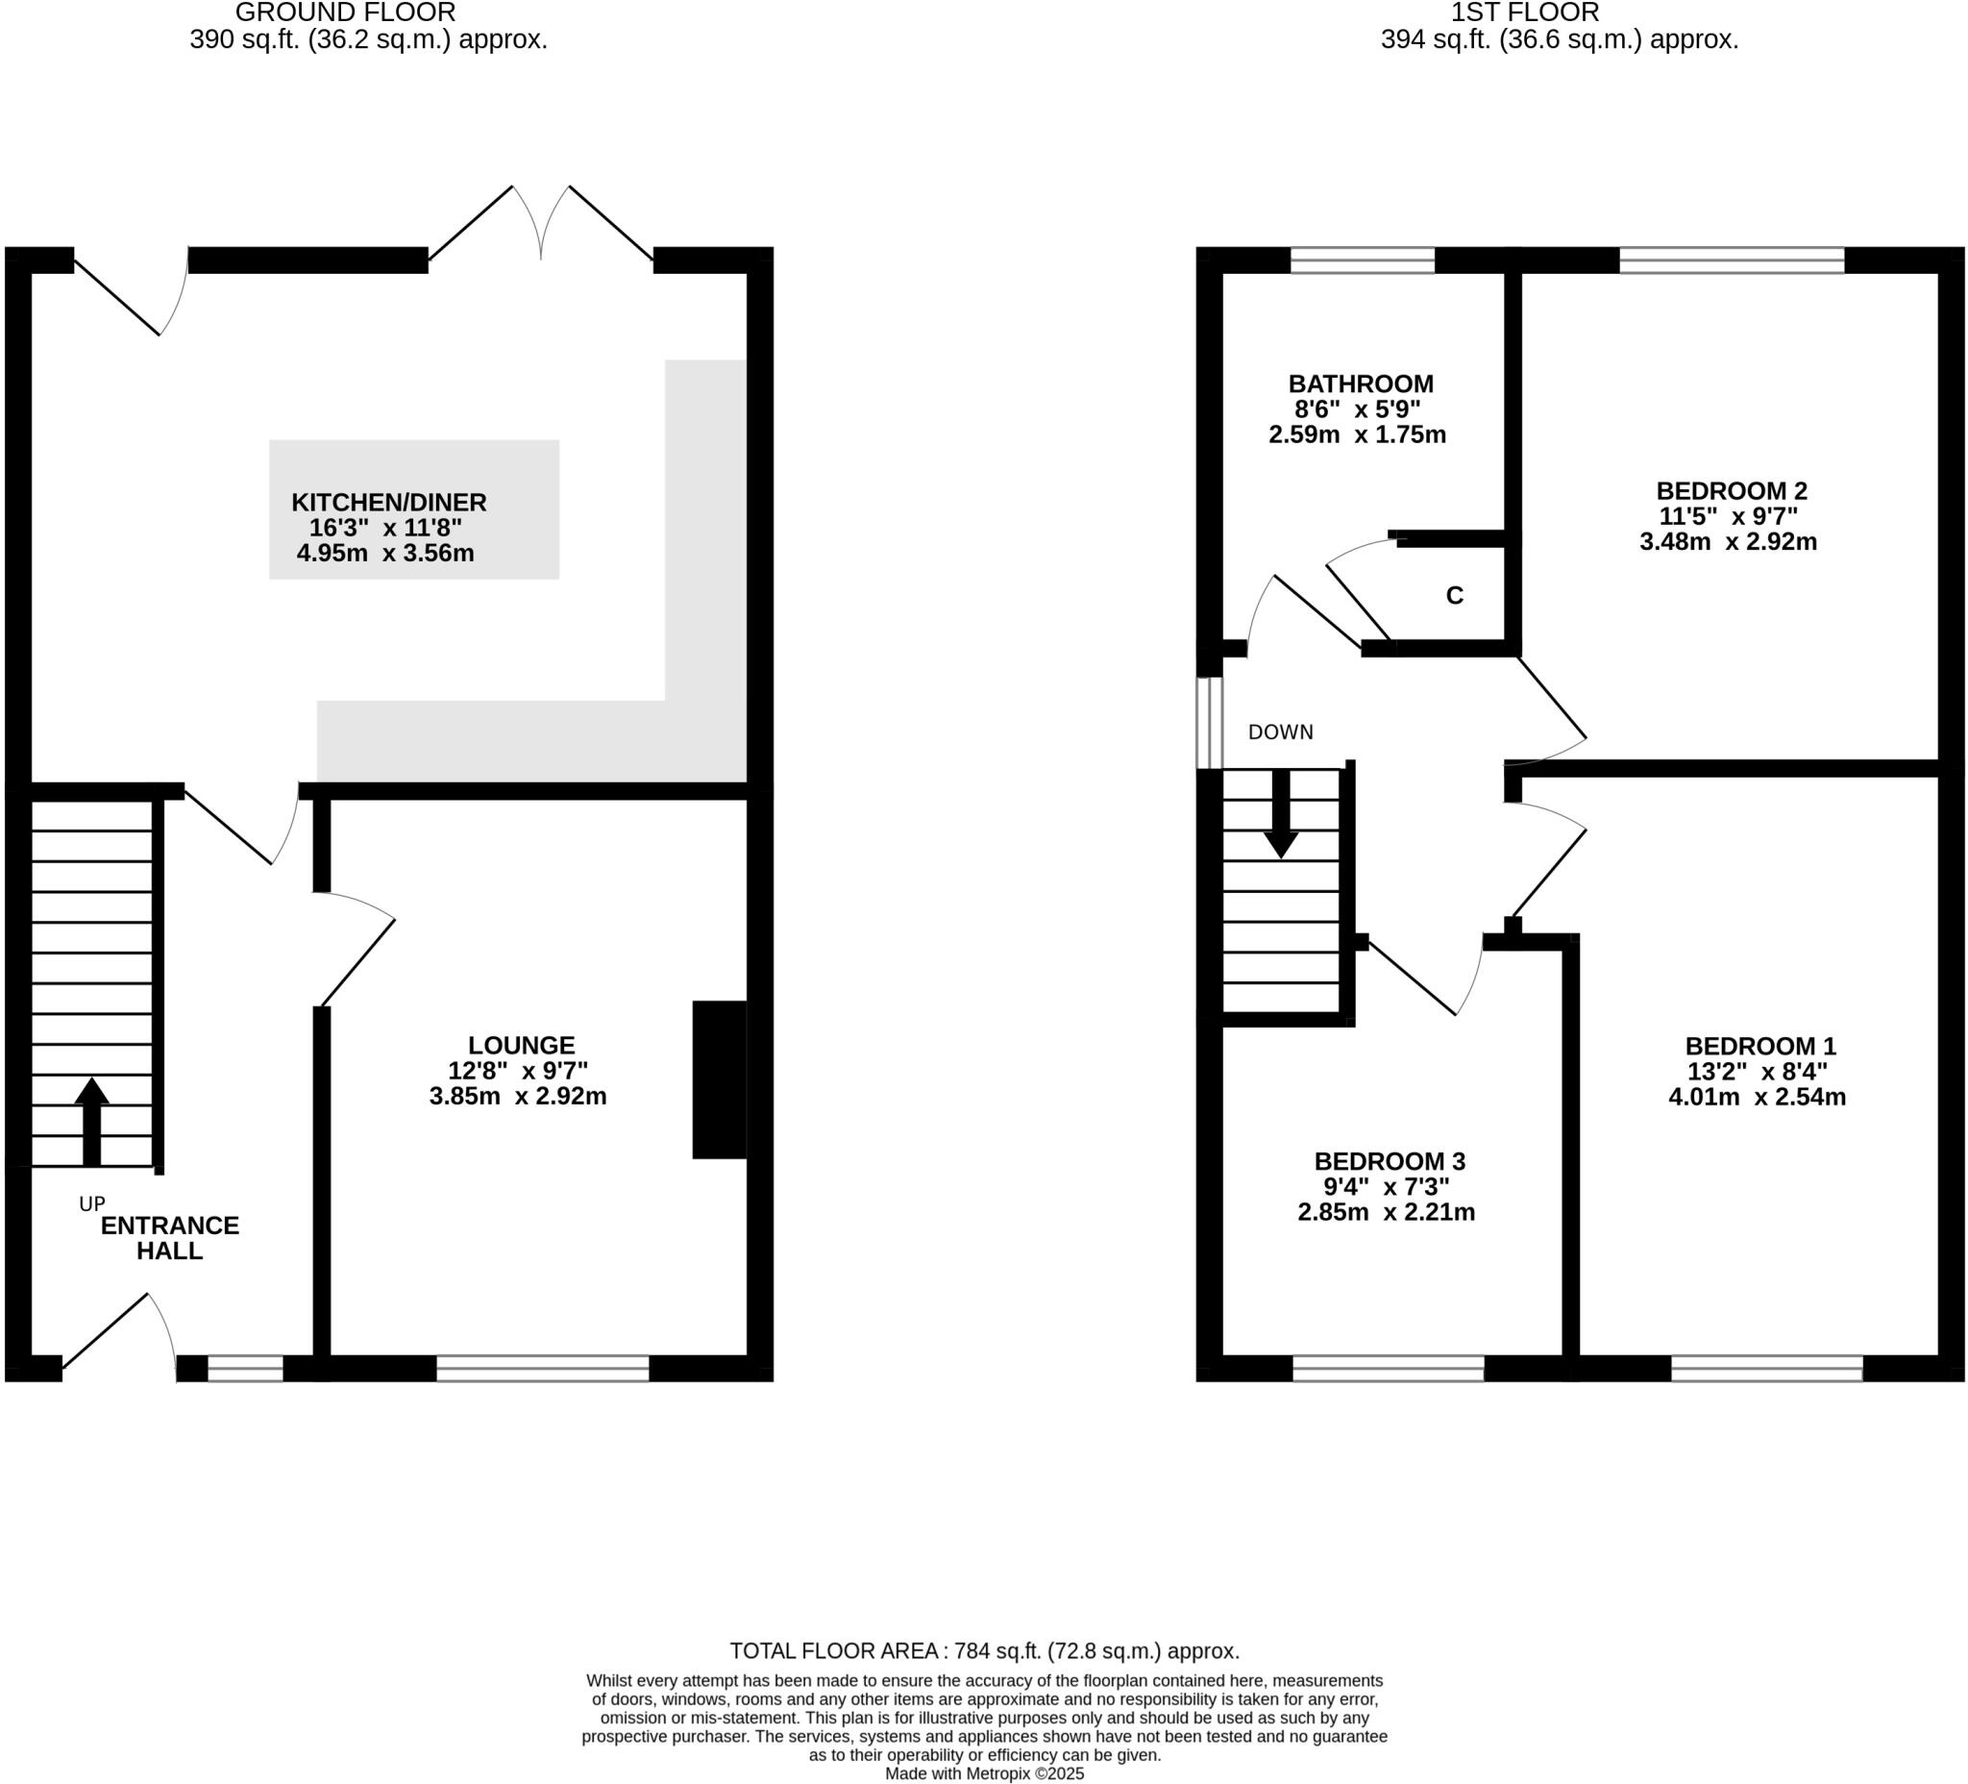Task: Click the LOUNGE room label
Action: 520,1045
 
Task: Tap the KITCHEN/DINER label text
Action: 388,503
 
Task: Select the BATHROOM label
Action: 1360,384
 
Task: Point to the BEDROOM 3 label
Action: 1390,1161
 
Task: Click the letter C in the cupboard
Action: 1454,596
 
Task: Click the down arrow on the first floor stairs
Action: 1280,815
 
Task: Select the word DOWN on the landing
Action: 1280,732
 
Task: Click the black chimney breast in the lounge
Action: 720,1079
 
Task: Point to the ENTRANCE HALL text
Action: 170,1238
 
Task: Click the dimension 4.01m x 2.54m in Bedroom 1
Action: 1757,1097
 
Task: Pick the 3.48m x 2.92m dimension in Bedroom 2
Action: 1728,542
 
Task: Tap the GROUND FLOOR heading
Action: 345,12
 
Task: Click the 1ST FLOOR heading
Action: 1524,12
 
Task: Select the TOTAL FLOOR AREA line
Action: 984,1650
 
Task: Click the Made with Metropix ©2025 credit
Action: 984,1773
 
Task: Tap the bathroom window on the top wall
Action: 1362,260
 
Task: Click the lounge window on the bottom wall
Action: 542,1368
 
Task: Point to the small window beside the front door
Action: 245,1368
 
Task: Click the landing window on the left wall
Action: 1210,723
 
